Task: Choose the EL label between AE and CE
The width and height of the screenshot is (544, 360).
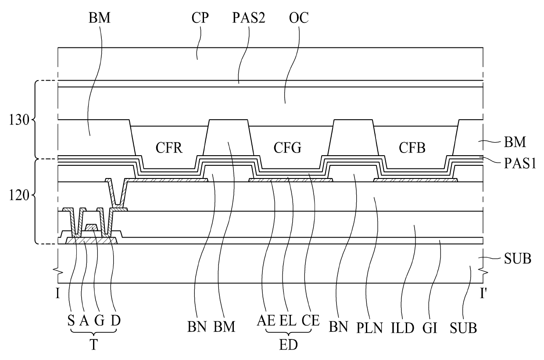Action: click(x=288, y=327)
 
